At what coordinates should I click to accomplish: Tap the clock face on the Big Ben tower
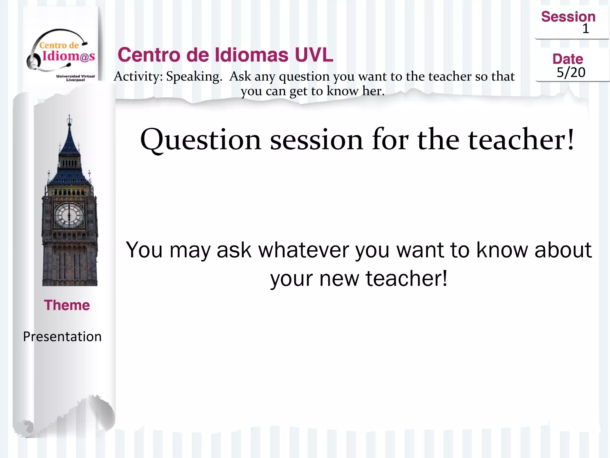69,215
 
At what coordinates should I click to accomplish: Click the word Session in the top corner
568,17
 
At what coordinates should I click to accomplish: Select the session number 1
586,29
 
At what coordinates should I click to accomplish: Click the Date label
568,59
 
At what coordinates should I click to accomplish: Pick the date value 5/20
571,72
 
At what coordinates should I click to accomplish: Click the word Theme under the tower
67,305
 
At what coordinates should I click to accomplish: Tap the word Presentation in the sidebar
62,337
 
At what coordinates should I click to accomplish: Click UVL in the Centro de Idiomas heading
314,55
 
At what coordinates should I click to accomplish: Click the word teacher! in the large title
521,140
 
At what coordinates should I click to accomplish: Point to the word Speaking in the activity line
194,77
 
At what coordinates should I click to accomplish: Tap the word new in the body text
339,278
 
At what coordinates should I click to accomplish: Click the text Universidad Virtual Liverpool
75,78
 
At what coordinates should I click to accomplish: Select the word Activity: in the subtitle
138,77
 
